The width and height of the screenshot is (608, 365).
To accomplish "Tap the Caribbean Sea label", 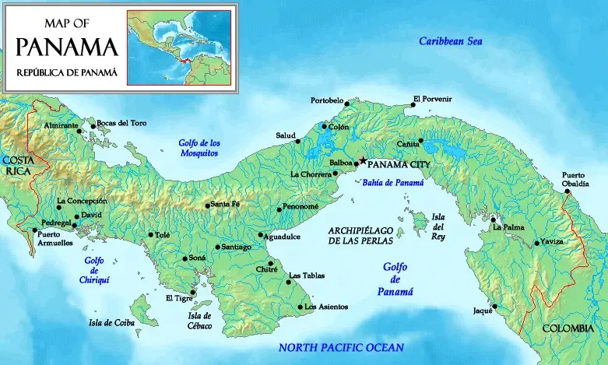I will point(452,41).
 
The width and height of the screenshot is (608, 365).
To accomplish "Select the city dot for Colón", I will point(325,126).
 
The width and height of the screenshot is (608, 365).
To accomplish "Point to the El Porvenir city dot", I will point(413,105).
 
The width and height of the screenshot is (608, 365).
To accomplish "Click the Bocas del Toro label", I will point(121,125).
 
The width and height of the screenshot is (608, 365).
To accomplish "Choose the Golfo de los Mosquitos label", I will point(195,148).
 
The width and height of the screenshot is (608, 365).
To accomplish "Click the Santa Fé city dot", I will point(207,205).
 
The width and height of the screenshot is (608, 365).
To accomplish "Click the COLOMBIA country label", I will point(568,328).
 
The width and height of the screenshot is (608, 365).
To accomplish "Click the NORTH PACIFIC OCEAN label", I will point(341,348).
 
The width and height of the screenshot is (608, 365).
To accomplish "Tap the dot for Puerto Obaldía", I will point(568,191).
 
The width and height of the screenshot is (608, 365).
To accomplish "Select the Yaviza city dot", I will point(536,243).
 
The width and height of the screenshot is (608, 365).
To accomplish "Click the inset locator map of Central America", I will point(179,47).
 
